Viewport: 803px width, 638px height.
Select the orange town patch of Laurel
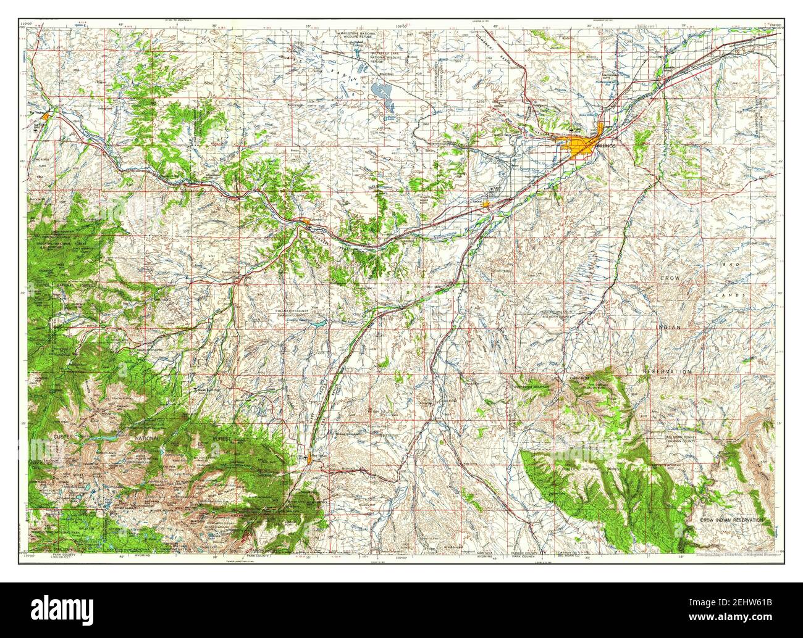pyautogui.click(x=487, y=203)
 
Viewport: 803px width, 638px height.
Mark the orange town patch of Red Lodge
pyautogui.click(x=309, y=458)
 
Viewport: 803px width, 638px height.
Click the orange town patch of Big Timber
pyautogui.click(x=55, y=112)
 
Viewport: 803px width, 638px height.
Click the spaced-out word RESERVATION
pyautogui.click(x=667, y=372)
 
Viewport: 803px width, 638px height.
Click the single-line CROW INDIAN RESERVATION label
pyautogui.click(x=732, y=521)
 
